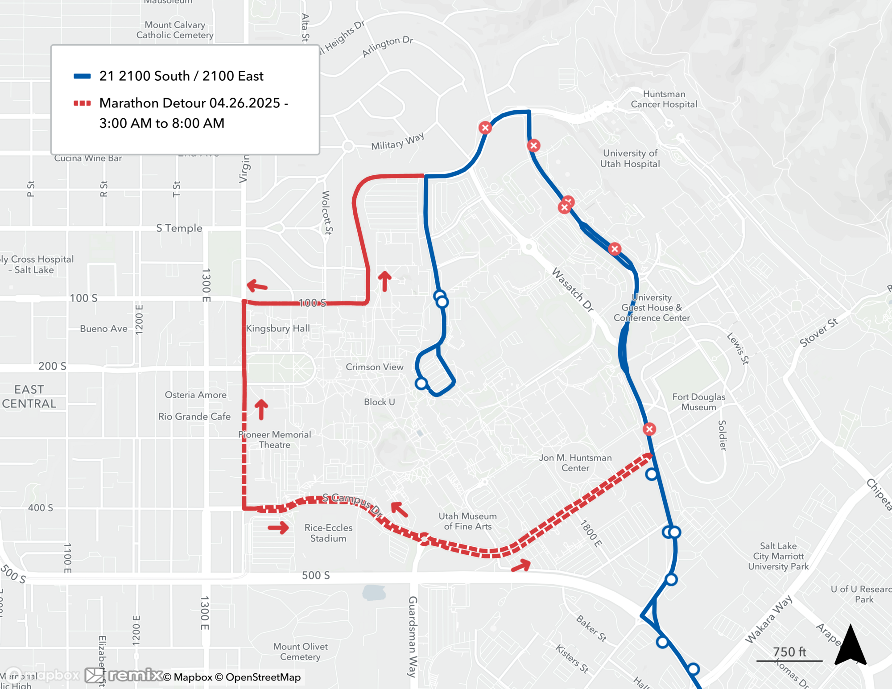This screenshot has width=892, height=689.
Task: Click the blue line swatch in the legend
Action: click(x=82, y=76)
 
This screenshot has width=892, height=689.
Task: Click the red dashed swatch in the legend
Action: click(x=82, y=103)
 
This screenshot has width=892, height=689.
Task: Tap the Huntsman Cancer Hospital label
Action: click(x=664, y=99)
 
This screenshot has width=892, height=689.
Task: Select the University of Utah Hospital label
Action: click(x=630, y=158)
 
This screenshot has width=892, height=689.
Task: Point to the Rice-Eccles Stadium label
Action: click(x=328, y=533)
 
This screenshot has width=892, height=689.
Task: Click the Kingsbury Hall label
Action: click(x=278, y=329)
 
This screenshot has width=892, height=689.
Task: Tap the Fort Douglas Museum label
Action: click(x=698, y=402)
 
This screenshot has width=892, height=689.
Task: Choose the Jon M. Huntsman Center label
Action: click(x=575, y=463)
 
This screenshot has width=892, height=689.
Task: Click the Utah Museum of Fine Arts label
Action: click(x=467, y=521)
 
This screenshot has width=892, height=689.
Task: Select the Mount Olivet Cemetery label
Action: click(x=300, y=652)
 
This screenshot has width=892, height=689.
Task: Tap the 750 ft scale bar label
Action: click(x=789, y=652)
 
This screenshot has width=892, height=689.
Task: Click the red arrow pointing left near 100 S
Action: click(x=257, y=285)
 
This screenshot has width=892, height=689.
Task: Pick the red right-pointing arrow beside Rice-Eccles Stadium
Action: click(x=278, y=528)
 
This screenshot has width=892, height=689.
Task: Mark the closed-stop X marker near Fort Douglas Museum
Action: click(x=649, y=429)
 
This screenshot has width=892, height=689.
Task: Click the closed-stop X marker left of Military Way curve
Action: click(x=485, y=128)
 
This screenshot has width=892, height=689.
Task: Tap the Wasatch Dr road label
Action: click(x=573, y=290)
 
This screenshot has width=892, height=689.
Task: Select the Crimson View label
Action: click(x=375, y=367)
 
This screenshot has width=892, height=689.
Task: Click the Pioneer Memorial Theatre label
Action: click(x=275, y=440)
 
